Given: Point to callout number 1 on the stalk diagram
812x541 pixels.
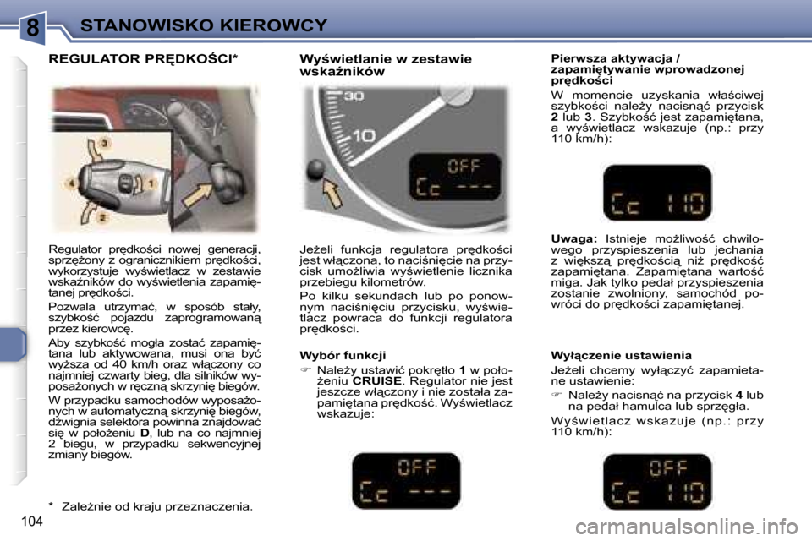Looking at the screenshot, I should pyautogui.click(x=151, y=183).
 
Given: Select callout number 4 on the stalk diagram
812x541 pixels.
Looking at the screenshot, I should pyautogui.click(x=73, y=183).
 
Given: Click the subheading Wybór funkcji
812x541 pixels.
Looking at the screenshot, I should pyautogui.click(x=343, y=356).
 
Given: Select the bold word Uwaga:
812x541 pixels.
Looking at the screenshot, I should pyautogui.click(x=573, y=239).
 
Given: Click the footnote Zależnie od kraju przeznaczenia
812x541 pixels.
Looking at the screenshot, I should pyautogui.click(x=156, y=506).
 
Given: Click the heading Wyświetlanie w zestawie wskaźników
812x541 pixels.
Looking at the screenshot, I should pyautogui.click(x=385, y=65).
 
